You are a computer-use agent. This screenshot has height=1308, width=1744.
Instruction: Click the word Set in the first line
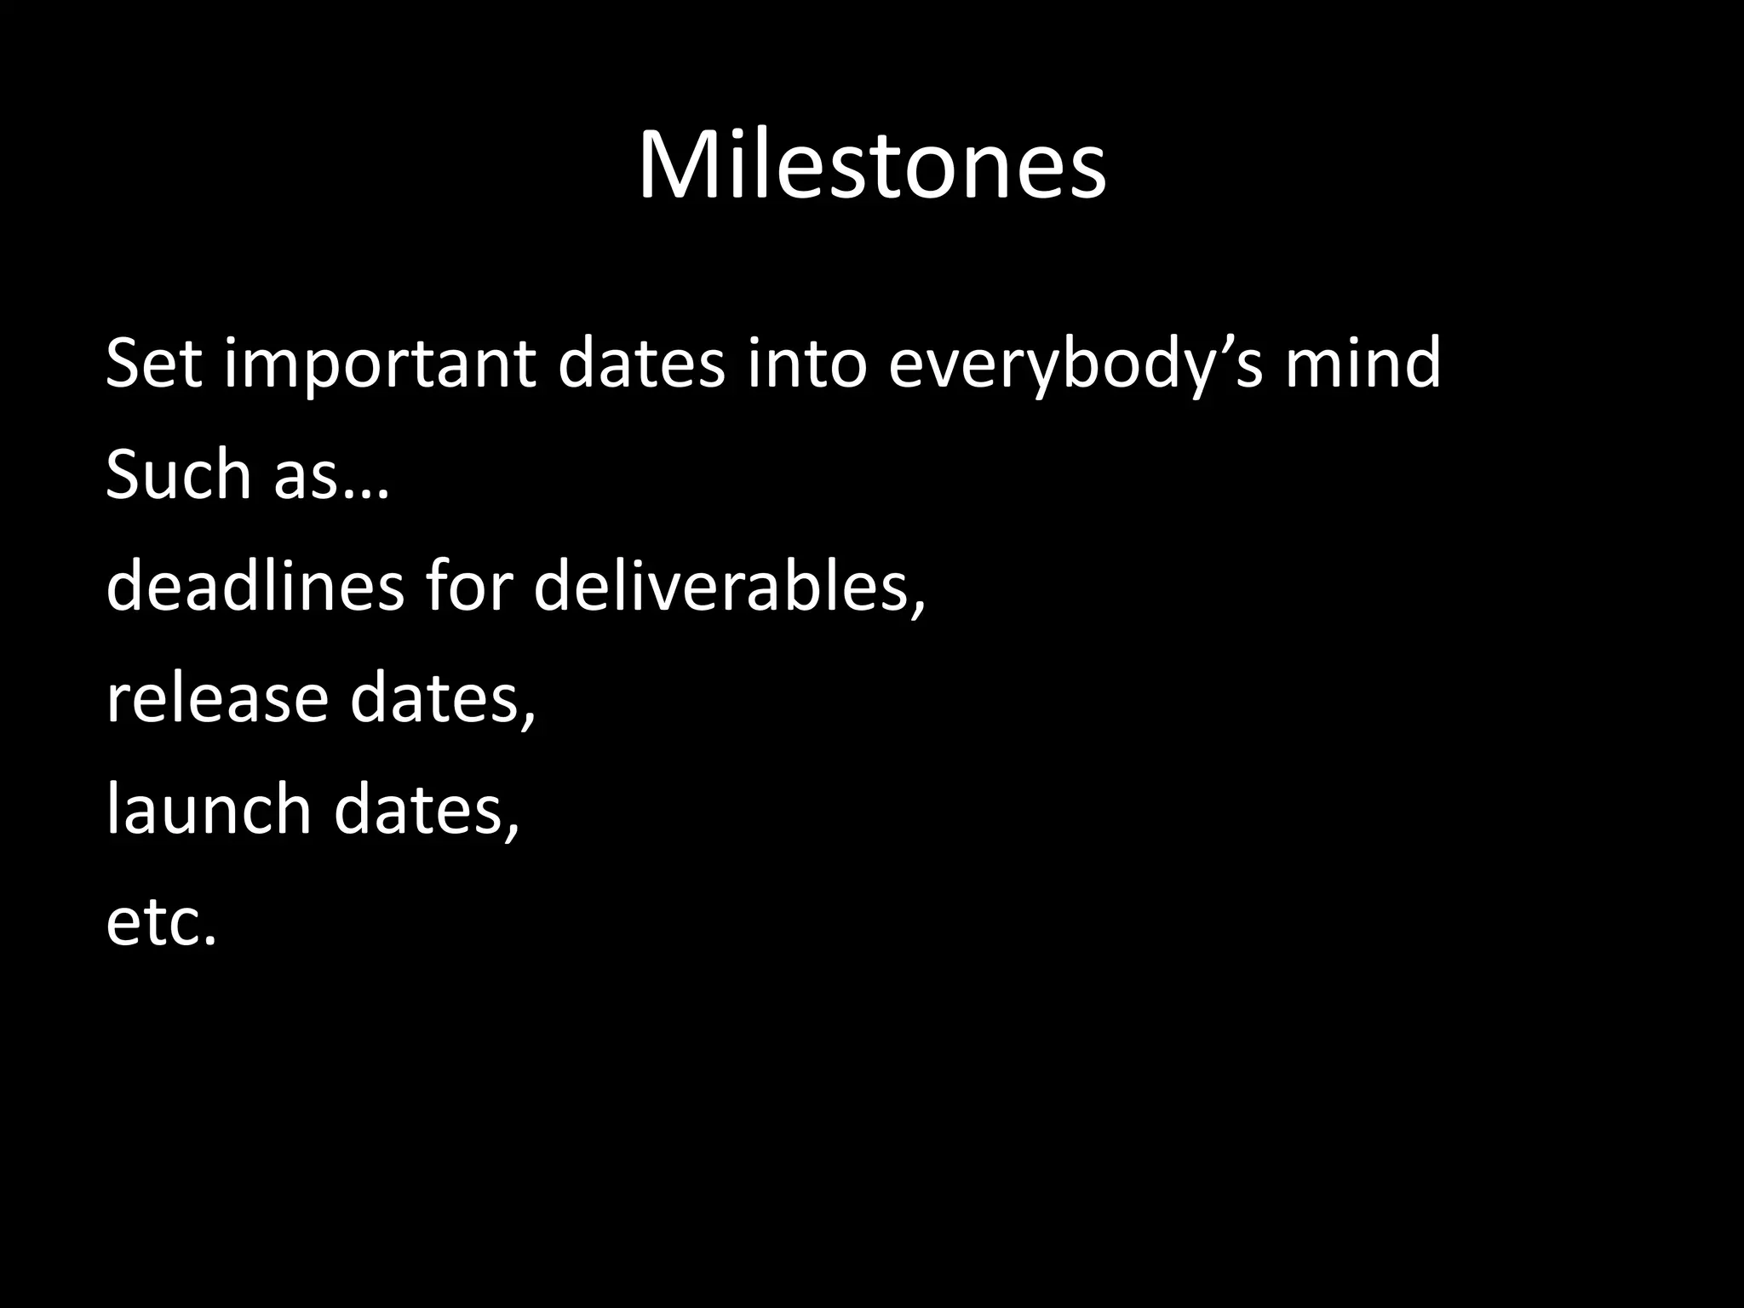(x=153, y=364)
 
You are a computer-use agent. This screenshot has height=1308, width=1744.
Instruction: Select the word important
(x=380, y=364)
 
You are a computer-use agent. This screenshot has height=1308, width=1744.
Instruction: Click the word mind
(x=1362, y=364)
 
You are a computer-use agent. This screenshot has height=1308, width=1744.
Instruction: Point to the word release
(x=216, y=698)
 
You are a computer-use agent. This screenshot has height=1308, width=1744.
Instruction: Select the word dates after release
(x=435, y=698)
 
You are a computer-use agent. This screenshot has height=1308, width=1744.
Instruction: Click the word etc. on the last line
(x=162, y=922)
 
